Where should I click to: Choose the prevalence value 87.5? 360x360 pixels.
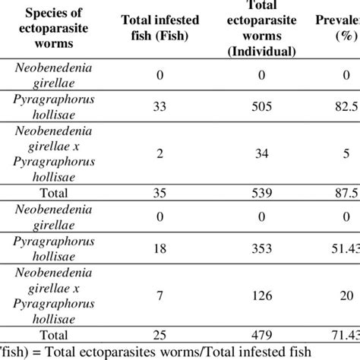click(x=347, y=193)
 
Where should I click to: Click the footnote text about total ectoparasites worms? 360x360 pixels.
click(x=152, y=352)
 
